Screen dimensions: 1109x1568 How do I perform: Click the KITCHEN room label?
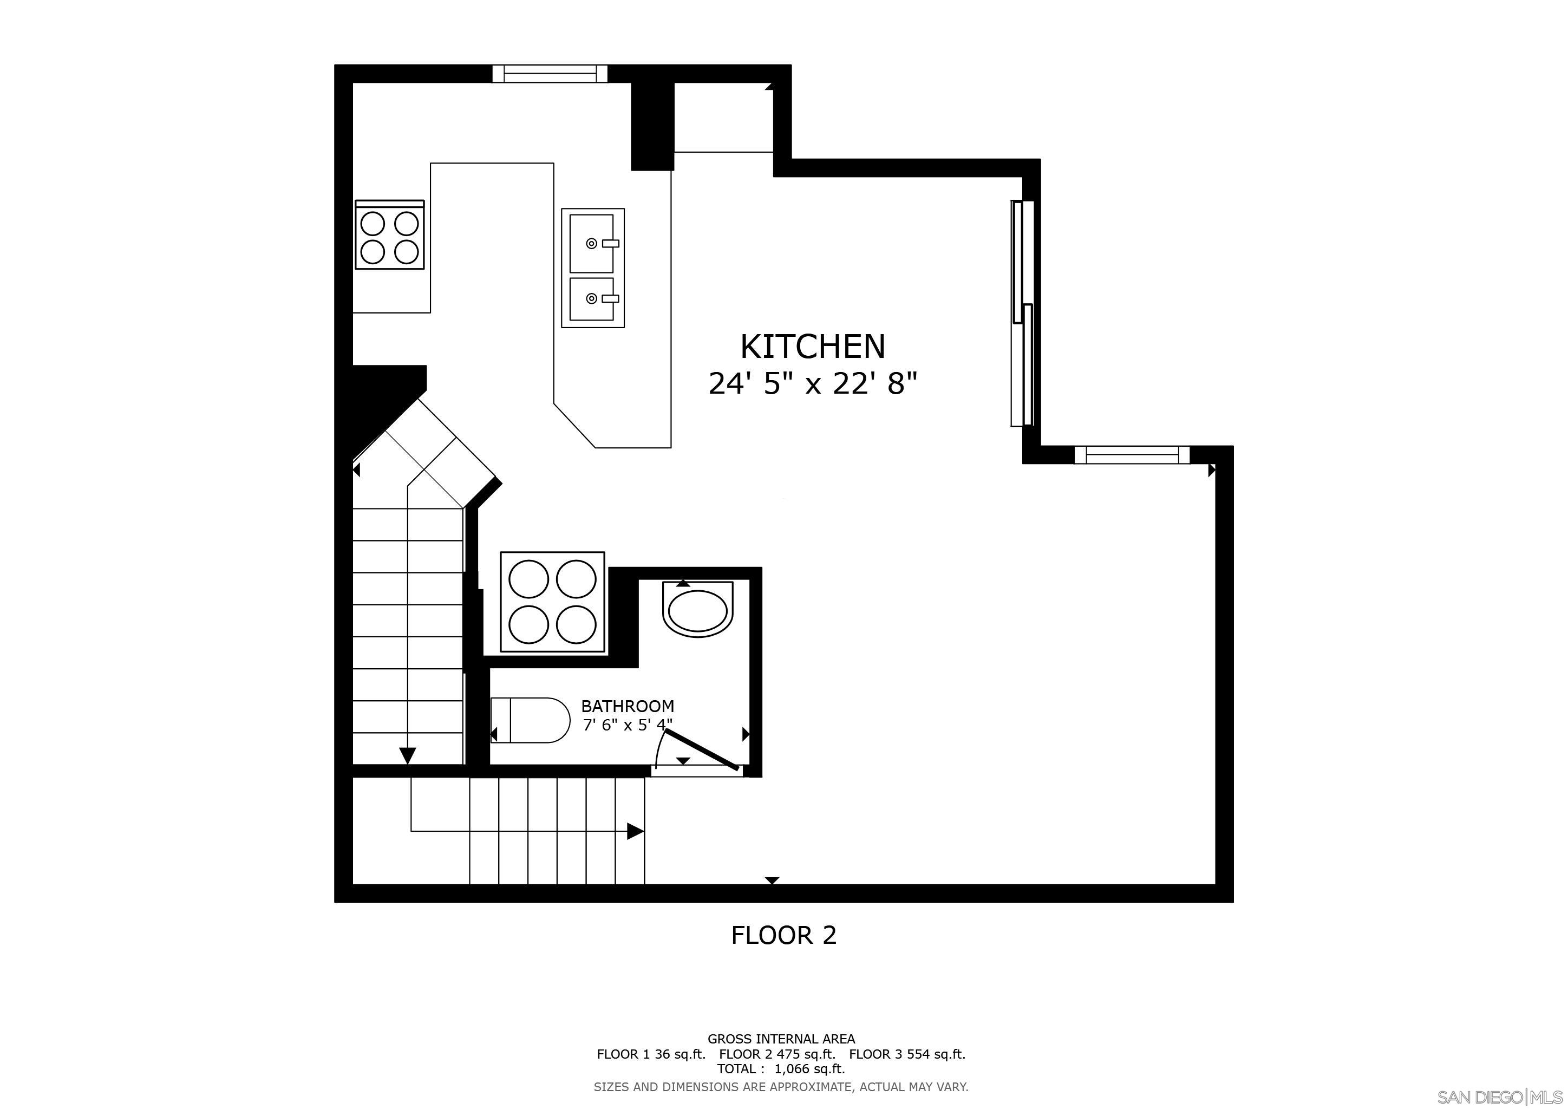[812, 347]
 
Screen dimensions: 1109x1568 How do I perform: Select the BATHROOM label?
[627, 706]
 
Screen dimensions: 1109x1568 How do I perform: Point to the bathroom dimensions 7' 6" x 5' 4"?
[627, 725]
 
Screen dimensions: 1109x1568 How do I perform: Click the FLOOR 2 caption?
[783, 935]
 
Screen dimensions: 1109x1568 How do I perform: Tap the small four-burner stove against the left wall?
[389, 235]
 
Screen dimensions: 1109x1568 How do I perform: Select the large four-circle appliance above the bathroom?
[552, 602]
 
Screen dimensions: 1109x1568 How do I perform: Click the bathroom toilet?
[531, 720]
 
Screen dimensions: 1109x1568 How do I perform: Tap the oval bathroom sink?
[697, 609]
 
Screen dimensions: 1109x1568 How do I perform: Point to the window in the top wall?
[550, 73]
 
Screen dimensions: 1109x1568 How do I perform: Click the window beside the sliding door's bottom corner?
[1132, 454]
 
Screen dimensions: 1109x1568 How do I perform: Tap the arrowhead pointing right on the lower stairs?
[635, 831]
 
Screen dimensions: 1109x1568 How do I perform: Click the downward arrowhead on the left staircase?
[408, 755]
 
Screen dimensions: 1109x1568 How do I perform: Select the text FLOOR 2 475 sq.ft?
[776, 1054]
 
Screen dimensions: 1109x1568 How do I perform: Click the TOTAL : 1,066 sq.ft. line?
[781, 1069]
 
